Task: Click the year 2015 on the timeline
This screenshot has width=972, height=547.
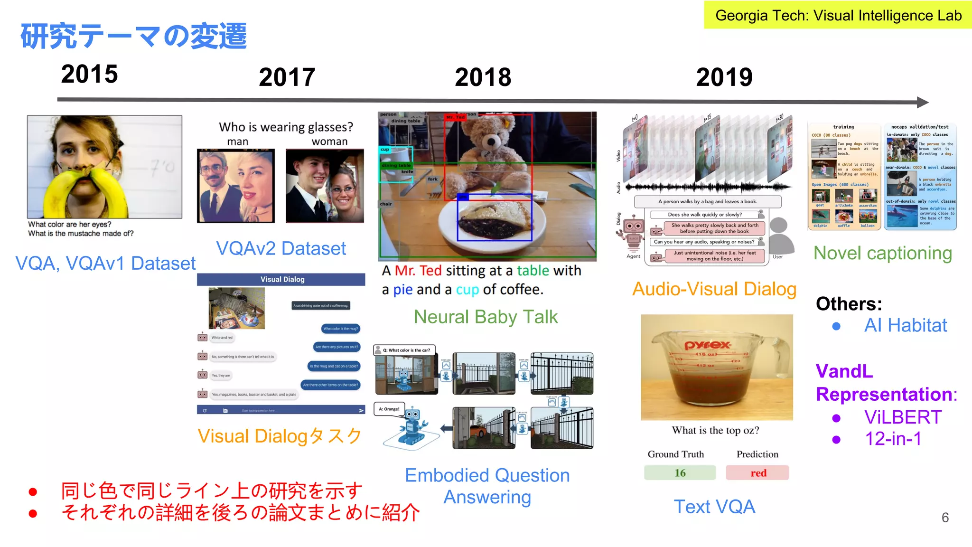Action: (89, 74)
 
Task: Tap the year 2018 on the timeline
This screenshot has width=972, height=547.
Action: (483, 77)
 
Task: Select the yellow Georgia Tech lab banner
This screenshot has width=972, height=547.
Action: (838, 15)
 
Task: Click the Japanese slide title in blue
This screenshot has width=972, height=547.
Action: (133, 36)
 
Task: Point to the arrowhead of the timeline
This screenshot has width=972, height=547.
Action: (922, 102)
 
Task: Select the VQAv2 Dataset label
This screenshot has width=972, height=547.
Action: (281, 248)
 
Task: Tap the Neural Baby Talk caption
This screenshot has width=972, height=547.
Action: (486, 317)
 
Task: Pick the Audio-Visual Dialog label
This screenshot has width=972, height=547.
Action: (714, 289)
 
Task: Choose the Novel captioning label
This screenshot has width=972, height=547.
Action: (883, 253)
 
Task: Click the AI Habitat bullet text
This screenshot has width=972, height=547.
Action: (905, 325)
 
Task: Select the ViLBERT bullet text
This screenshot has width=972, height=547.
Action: (902, 417)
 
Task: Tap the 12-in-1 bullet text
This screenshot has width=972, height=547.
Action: (893, 438)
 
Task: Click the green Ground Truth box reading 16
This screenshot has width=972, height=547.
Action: (680, 473)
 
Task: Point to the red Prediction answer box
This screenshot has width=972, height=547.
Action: (757, 473)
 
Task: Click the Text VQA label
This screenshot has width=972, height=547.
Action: (714, 507)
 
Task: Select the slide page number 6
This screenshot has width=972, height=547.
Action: (945, 518)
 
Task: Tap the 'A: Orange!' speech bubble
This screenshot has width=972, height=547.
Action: (389, 409)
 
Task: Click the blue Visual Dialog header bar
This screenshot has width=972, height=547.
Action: (281, 279)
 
